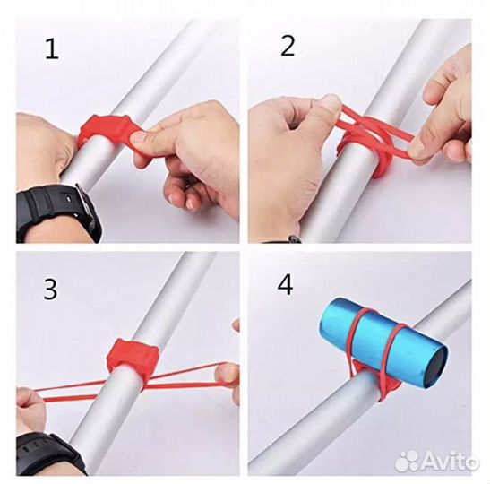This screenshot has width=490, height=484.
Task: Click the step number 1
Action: tap(52, 48)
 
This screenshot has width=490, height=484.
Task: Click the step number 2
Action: tap(288, 46)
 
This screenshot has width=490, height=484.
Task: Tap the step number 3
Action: tap(50, 290)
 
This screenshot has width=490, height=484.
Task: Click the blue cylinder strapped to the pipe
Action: tap(383, 344)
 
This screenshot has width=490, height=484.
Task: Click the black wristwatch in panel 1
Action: tap(58, 212)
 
